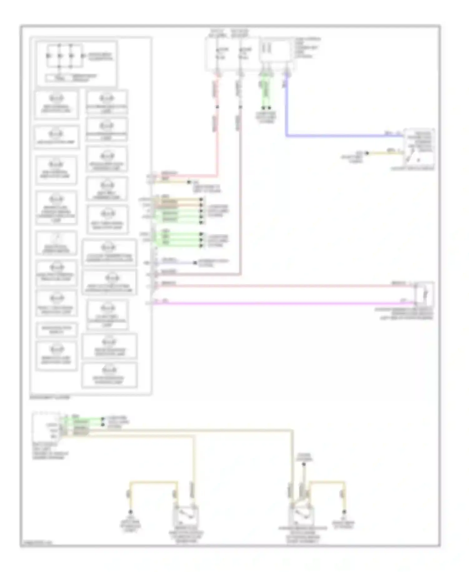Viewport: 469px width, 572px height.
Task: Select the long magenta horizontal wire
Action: point(281,303)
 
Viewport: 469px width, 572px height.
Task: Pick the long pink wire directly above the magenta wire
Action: point(281,285)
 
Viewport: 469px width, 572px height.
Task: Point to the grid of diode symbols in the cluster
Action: point(65,56)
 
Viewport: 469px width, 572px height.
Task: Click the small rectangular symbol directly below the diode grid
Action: point(59,78)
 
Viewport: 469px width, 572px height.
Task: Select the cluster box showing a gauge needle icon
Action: point(56,243)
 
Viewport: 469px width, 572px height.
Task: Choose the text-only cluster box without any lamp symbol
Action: point(56,329)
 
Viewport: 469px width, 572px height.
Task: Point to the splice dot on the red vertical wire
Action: point(218,107)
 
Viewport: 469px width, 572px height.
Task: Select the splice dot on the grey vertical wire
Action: point(240,107)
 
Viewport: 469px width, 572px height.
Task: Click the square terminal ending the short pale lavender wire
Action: point(195,263)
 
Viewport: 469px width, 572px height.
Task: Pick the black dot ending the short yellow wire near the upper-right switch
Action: point(367,153)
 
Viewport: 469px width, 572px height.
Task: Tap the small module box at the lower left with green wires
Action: point(46,426)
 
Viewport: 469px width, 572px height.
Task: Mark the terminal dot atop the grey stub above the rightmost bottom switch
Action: point(304,464)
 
